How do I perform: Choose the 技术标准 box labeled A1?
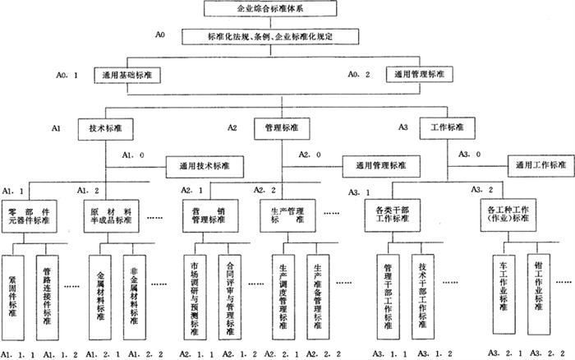point(107,129)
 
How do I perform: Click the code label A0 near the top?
point(160,35)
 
